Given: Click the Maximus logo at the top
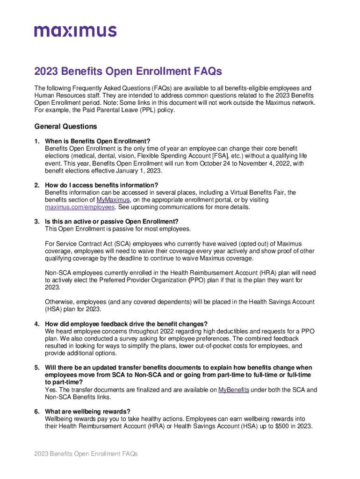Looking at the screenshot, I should pyautogui.click(x=75, y=31).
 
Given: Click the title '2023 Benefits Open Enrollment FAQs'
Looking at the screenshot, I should pyautogui.click(x=127, y=72).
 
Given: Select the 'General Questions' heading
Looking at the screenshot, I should pyautogui.click(x=66, y=126).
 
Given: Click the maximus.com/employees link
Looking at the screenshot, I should pyautogui.click(x=80, y=207).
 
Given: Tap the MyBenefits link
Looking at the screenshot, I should pyautogui.click(x=234, y=390).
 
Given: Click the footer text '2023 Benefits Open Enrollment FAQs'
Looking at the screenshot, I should pyautogui.click(x=86, y=454).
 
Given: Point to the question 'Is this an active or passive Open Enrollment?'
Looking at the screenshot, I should pyautogui.click(x=112, y=221).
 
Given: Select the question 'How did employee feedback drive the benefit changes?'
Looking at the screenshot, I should pyautogui.click(x=126, y=324).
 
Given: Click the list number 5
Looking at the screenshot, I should pyautogui.click(x=36, y=368).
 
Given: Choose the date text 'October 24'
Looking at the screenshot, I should pyautogui.click(x=217, y=163).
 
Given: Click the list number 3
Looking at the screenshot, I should pyautogui.click(x=36, y=221).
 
